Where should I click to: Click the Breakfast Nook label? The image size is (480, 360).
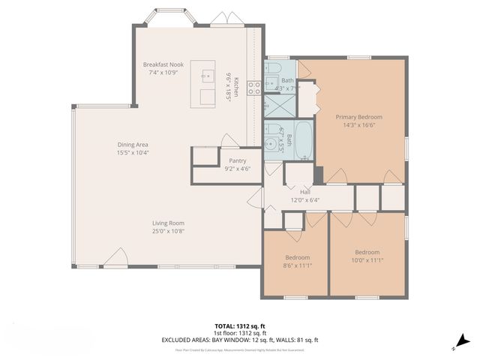click(163, 64)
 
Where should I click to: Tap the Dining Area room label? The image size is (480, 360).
click(132, 145)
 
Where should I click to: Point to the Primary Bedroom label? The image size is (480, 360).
click(358, 117)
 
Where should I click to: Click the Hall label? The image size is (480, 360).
click(304, 192)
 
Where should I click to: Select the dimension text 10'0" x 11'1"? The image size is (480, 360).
click(367, 260)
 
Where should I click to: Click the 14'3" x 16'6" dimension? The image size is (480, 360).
click(358, 125)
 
